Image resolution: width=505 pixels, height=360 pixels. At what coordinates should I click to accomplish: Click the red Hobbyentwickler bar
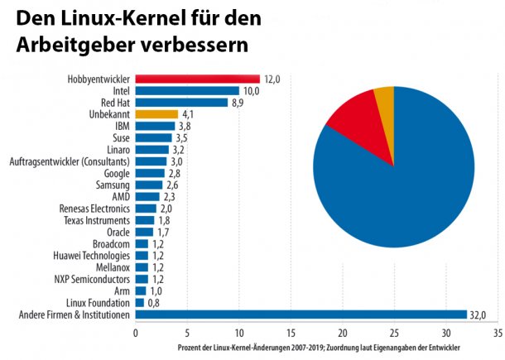coord(197,79)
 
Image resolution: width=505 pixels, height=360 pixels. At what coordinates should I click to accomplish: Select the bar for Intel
coord(187,90)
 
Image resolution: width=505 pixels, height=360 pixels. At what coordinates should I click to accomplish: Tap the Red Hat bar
coord(181,103)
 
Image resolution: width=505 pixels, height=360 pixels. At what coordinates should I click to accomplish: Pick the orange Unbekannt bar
coord(156,114)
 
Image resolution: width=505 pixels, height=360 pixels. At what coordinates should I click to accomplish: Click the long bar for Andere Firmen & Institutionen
coord(301,314)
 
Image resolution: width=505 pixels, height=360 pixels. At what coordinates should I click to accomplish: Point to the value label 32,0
coord(479,314)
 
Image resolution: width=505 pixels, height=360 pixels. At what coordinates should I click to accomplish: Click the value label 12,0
coord(272,79)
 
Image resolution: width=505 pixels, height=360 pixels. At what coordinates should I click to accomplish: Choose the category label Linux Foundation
coord(98,303)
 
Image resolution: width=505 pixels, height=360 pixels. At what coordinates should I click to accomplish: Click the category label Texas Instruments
coord(97,220)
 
